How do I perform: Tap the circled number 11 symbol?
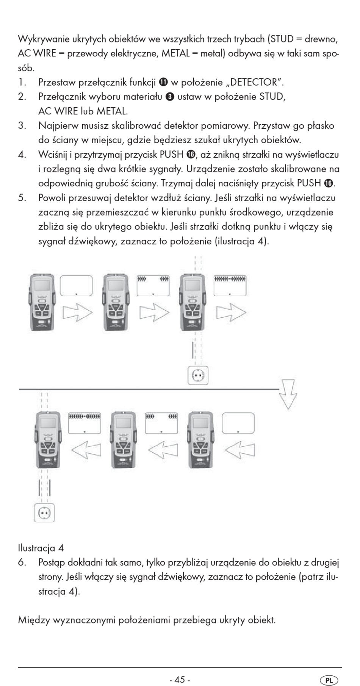(163, 82)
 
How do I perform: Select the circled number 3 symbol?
(170, 97)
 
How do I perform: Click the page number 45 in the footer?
(180, 669)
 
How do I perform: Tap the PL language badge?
(329, 670)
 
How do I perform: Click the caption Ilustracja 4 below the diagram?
(41, 548)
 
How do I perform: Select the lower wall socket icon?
(45, 513)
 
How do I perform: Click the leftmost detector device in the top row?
(42, 302)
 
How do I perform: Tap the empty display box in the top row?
(76, 286)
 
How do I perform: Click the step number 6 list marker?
(22, 562)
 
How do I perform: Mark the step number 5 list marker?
(22, 198)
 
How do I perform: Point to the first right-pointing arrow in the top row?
(78, 313)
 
